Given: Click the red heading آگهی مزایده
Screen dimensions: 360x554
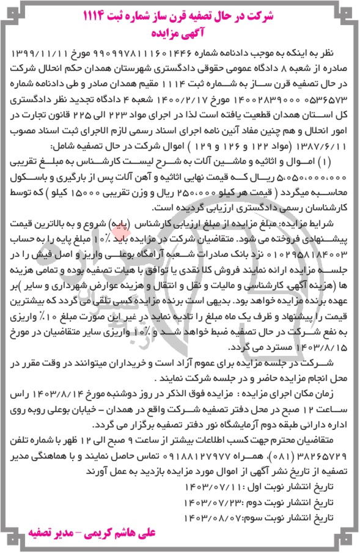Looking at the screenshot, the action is pyautogui.click(x=180, y=29).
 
